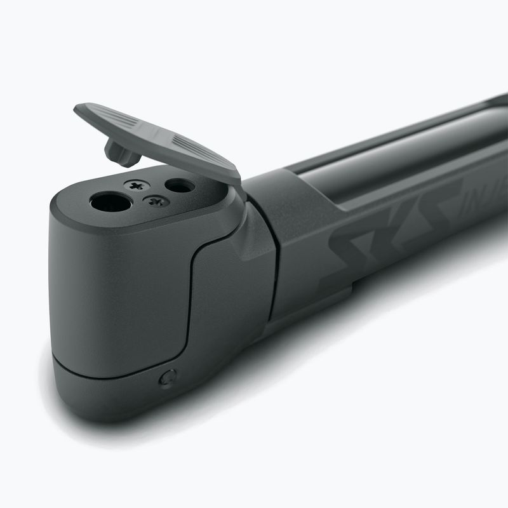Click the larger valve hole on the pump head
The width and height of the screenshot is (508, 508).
pos(110,203)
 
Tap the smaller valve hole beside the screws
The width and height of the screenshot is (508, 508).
pos(179,185)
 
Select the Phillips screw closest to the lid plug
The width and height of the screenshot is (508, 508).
pos(137,185)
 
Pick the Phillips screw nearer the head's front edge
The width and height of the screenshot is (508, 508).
pos(156,202)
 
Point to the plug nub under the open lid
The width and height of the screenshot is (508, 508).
pos(121,152)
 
